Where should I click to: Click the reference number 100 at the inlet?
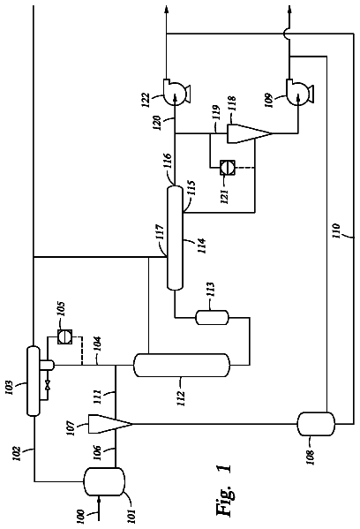[x=80, y=516]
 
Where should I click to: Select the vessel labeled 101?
[x=104, y=481]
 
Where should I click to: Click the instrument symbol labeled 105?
[x=64, y=336]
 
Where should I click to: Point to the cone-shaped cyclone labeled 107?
[x=110, y=424]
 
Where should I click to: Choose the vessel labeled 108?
[x=316, y=424]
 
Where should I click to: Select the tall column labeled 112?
[x=182, y=365]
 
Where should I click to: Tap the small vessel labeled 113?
[x=213, y=317]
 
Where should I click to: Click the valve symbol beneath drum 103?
[x=48, y=384]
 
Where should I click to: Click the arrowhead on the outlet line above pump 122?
[x=166, y=9]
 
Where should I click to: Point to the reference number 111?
[x=96, y=397]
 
